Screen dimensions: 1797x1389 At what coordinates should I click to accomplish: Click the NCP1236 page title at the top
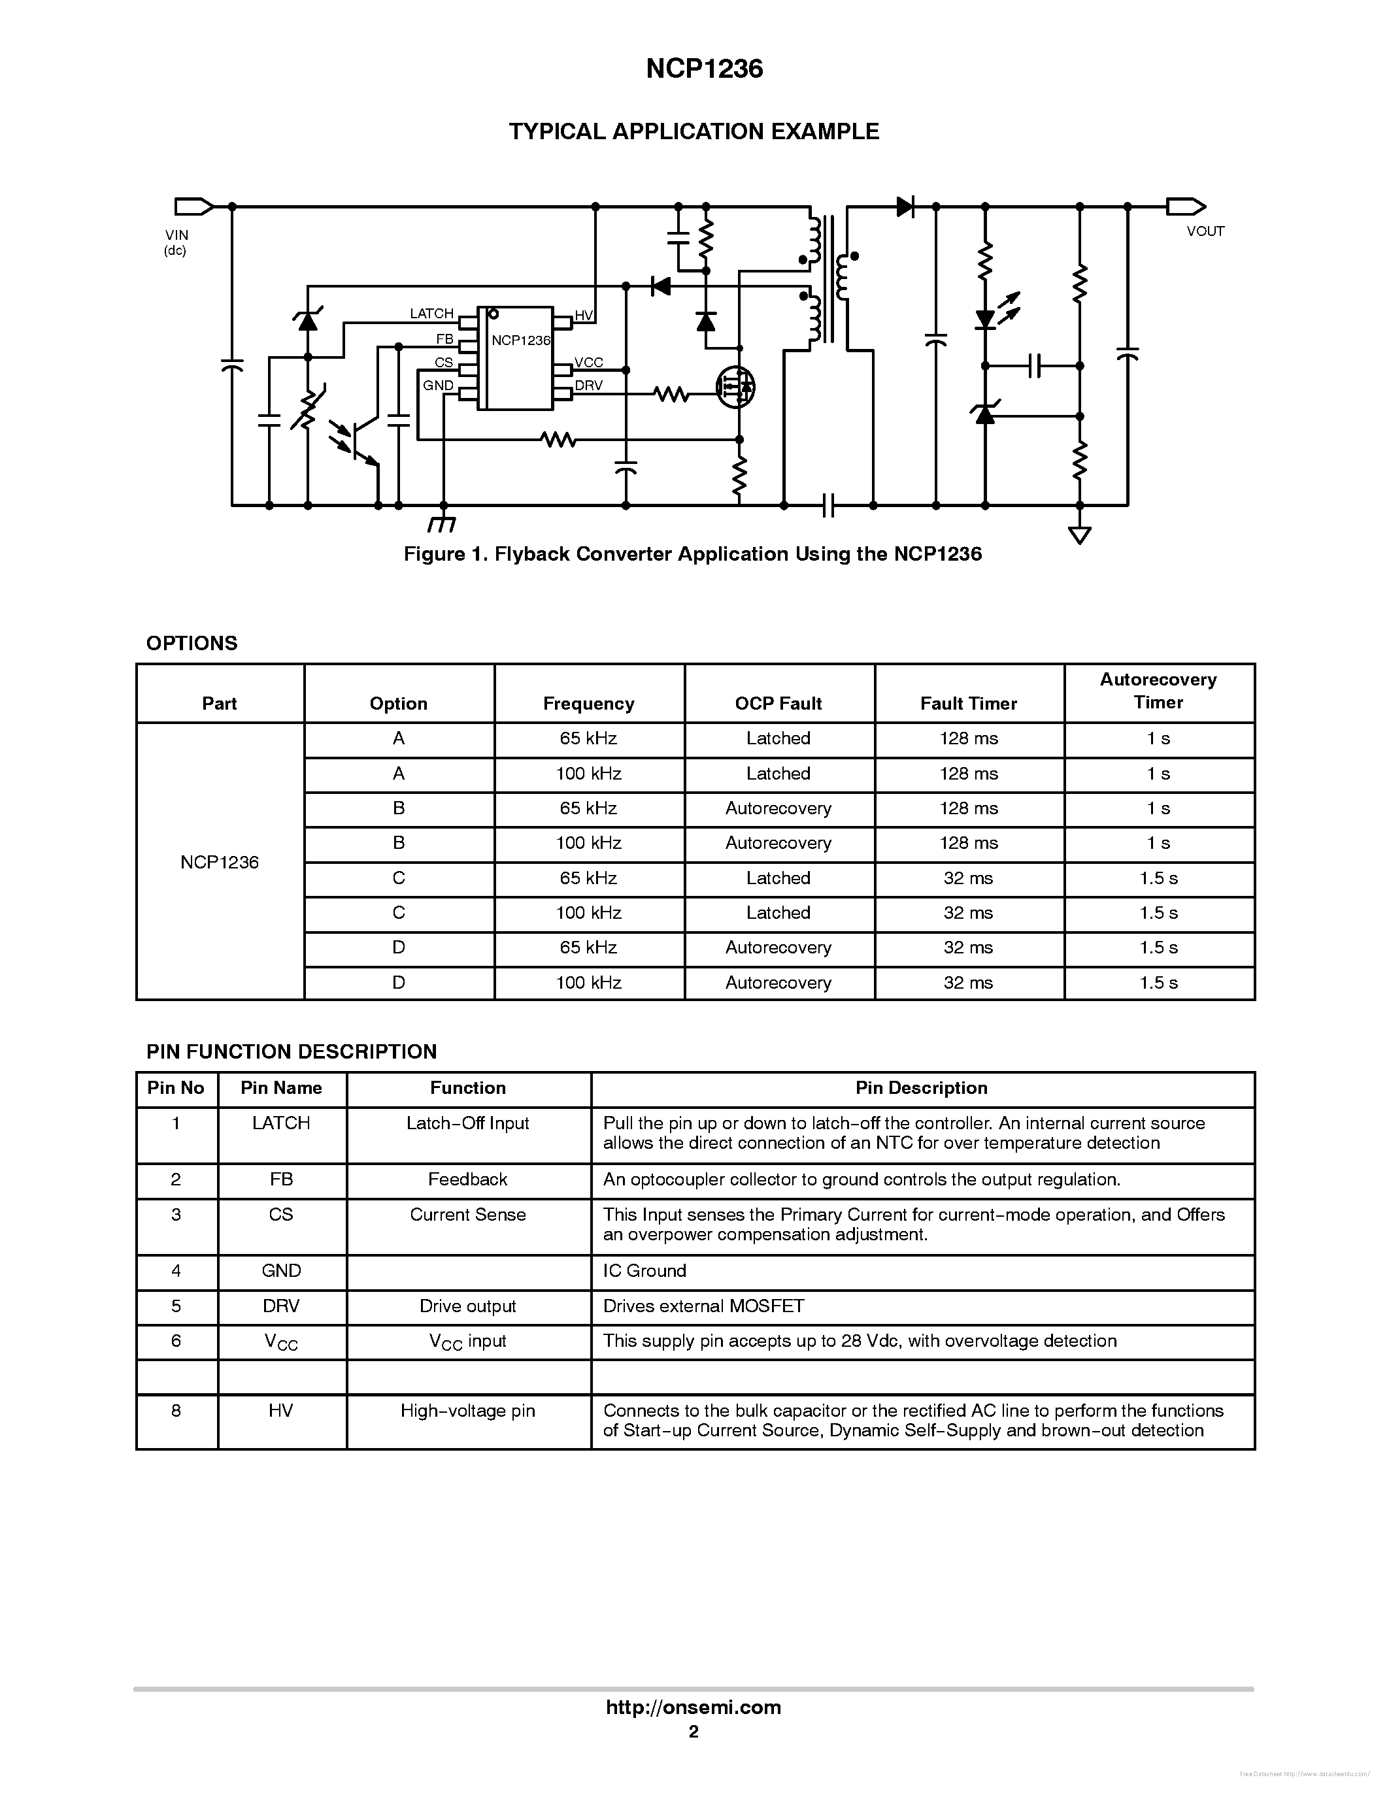pos(705,69)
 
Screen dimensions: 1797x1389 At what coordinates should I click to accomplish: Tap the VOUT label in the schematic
pos(1205,231)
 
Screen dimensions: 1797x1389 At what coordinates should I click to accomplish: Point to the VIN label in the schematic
pos(176,235)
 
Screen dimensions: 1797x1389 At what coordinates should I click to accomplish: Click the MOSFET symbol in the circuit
pos(735,386)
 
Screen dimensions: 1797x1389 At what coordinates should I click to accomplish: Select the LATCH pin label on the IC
pos(431,314)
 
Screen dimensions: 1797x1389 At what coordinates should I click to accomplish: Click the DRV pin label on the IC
pos(588,385)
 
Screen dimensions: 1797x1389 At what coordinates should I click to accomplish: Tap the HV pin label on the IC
pos(584,315)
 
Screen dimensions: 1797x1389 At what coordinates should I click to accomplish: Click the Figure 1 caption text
pos(692,553)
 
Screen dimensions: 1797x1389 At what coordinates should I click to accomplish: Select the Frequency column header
pos(588,704)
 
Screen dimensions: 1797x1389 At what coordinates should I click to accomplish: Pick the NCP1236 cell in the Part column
pos(220,863)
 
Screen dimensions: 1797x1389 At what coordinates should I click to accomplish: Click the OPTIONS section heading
pos(192,644)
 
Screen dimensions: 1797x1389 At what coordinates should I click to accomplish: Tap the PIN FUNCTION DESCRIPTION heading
pos(292,1051)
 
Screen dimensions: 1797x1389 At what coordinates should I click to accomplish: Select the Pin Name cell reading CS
pos(282,1215)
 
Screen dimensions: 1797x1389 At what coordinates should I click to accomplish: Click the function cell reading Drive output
pos(467,1306)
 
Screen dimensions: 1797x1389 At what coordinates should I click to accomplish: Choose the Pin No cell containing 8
pos(176,1410)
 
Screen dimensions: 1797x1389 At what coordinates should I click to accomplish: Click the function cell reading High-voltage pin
pos(467,1410)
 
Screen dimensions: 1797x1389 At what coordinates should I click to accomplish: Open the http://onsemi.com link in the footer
pos(693,1707)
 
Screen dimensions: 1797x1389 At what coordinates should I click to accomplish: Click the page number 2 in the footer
pos(694,1731)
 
